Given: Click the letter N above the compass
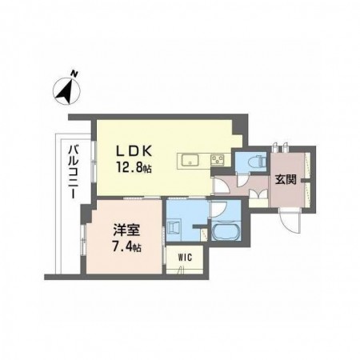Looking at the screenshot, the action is click(x=74, y=74).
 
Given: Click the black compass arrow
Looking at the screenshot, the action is click(x=66, y=90).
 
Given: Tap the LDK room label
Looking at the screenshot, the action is click(x=134, y=152).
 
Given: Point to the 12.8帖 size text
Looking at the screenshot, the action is click(x=134, y=168).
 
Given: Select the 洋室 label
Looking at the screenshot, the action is click(x=126, y=230).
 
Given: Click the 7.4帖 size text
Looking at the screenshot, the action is click(x=126, y=247).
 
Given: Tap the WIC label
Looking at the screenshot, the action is click(x=185, y=258).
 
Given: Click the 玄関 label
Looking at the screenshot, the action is click(x=286, y=180).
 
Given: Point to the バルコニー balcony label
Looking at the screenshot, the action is click(x=73, y=172).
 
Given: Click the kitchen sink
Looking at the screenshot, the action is click(x=190, y=161).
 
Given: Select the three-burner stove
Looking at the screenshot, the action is click(x=218, y=160).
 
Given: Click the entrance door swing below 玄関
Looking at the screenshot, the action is click(x=290, y=220).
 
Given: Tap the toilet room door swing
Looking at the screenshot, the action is click(x=243, y=179).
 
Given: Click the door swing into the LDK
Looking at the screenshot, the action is click(x=221, y=184).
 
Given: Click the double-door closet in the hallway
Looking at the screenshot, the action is click(x=258, y=194).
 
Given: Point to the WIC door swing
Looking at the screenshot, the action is click(x=182, y=270).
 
